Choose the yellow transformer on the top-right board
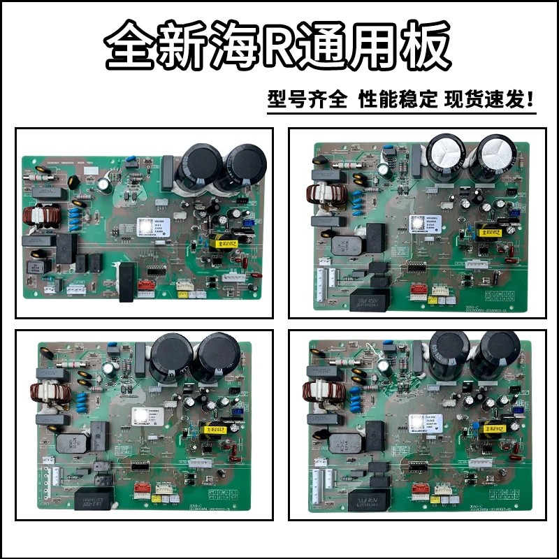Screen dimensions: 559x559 [488, 228]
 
